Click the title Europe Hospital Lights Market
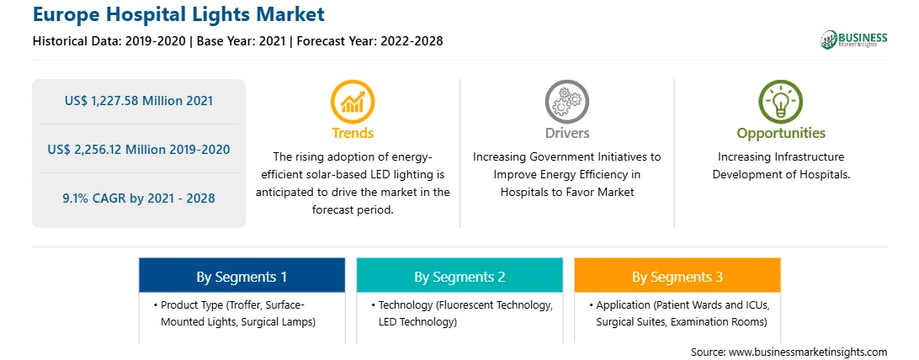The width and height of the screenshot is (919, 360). click(x=178, y=14)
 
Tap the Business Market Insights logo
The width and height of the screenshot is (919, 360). click(x=854, y=40)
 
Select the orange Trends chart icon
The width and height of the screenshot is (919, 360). click(x=353, y=101)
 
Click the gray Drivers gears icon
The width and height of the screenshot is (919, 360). click(x=566, y=101)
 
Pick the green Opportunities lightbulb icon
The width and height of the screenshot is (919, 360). click(x=781, y=101)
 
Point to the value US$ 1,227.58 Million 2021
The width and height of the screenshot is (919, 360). click(x=139, y=101)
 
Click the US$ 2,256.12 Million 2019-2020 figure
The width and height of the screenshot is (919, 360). click(x=139, y=149)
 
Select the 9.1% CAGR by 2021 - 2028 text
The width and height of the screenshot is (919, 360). click(x=139, y=198)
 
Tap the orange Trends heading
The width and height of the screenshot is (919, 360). click(x=353, y=133)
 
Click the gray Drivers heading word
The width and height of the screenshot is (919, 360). click(x=566, y=133)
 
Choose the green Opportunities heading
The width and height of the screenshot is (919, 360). click(x=781, y=133)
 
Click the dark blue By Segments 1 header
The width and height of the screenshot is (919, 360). click(x=242, y=275)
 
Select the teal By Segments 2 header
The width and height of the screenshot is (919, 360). click(x=459, y=275)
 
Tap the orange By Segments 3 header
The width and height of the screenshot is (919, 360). click(x=677, y=275)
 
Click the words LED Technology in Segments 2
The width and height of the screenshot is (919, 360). click(x=417, y=321)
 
